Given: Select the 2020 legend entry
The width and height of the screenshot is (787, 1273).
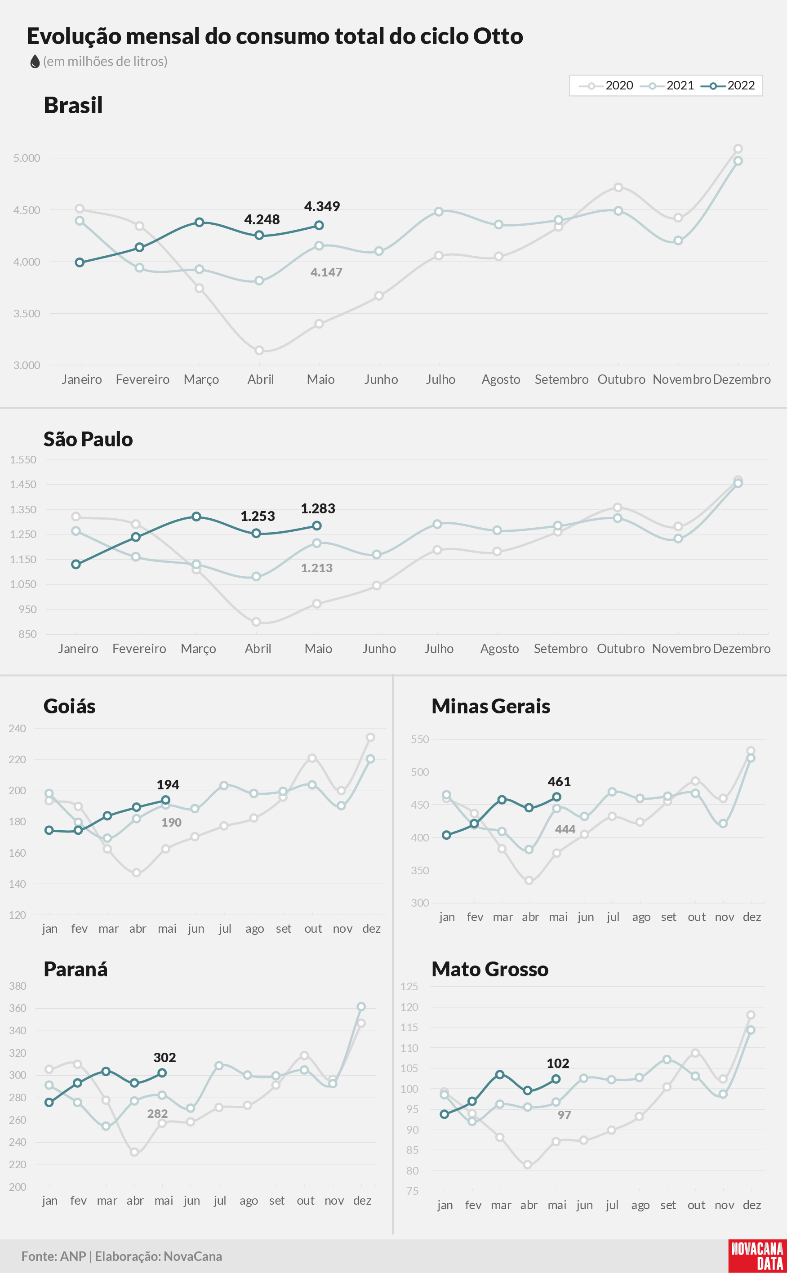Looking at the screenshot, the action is [606, 85].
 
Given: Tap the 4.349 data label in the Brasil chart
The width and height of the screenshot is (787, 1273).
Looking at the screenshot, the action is [322, 207].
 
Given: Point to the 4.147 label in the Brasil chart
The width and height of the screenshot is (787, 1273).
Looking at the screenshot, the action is [326, 272].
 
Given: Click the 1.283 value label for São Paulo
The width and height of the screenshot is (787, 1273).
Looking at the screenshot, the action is [318, 508].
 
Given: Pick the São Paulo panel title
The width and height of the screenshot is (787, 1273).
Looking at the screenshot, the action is [88, 439].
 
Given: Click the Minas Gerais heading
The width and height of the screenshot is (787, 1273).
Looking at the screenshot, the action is [491, 706].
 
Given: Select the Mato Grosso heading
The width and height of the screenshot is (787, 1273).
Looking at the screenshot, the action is [490, 969].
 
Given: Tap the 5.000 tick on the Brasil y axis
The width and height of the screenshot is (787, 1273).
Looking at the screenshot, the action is [27, 158].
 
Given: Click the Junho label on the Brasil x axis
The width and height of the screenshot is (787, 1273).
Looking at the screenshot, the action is [381, 379].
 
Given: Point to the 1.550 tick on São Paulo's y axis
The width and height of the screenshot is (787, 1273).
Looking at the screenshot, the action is [23, 459].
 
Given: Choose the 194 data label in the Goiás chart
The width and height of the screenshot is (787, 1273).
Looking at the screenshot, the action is [168, 784].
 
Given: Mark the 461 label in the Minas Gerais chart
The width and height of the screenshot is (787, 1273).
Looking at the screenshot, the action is [559, 781].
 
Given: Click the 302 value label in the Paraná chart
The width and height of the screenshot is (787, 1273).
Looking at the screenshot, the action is [165, 1057].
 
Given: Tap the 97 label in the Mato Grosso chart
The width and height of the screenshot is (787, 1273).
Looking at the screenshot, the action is [564, 1115].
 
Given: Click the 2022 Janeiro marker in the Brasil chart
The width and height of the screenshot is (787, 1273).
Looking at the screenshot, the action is [80, 263].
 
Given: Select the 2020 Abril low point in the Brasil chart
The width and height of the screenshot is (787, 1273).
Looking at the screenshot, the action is [259, 350].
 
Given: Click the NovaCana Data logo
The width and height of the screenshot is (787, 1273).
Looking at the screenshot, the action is [757, 1256].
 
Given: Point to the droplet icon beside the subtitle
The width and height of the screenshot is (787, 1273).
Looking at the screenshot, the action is [35, 62].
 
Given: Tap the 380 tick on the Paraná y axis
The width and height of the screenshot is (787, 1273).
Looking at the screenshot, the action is [18, 986].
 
